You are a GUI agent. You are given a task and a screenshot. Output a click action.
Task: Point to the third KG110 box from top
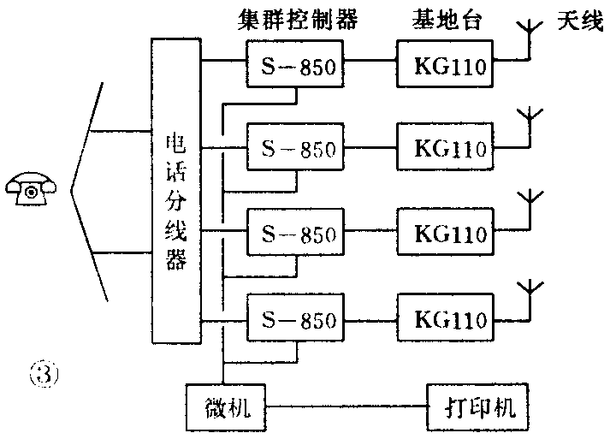pyautogui.click(x=446, y=233)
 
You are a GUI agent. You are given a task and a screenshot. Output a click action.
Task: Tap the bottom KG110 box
pyautogui.click(x=446, y=318)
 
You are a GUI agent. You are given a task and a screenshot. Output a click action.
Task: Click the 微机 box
pyautogui.click(x=228, y=406)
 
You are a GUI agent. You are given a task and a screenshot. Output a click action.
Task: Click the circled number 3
pyautogui.click(x=44, y=374)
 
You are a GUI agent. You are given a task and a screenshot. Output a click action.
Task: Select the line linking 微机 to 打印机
pyautogui.click(x=347, y=406)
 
